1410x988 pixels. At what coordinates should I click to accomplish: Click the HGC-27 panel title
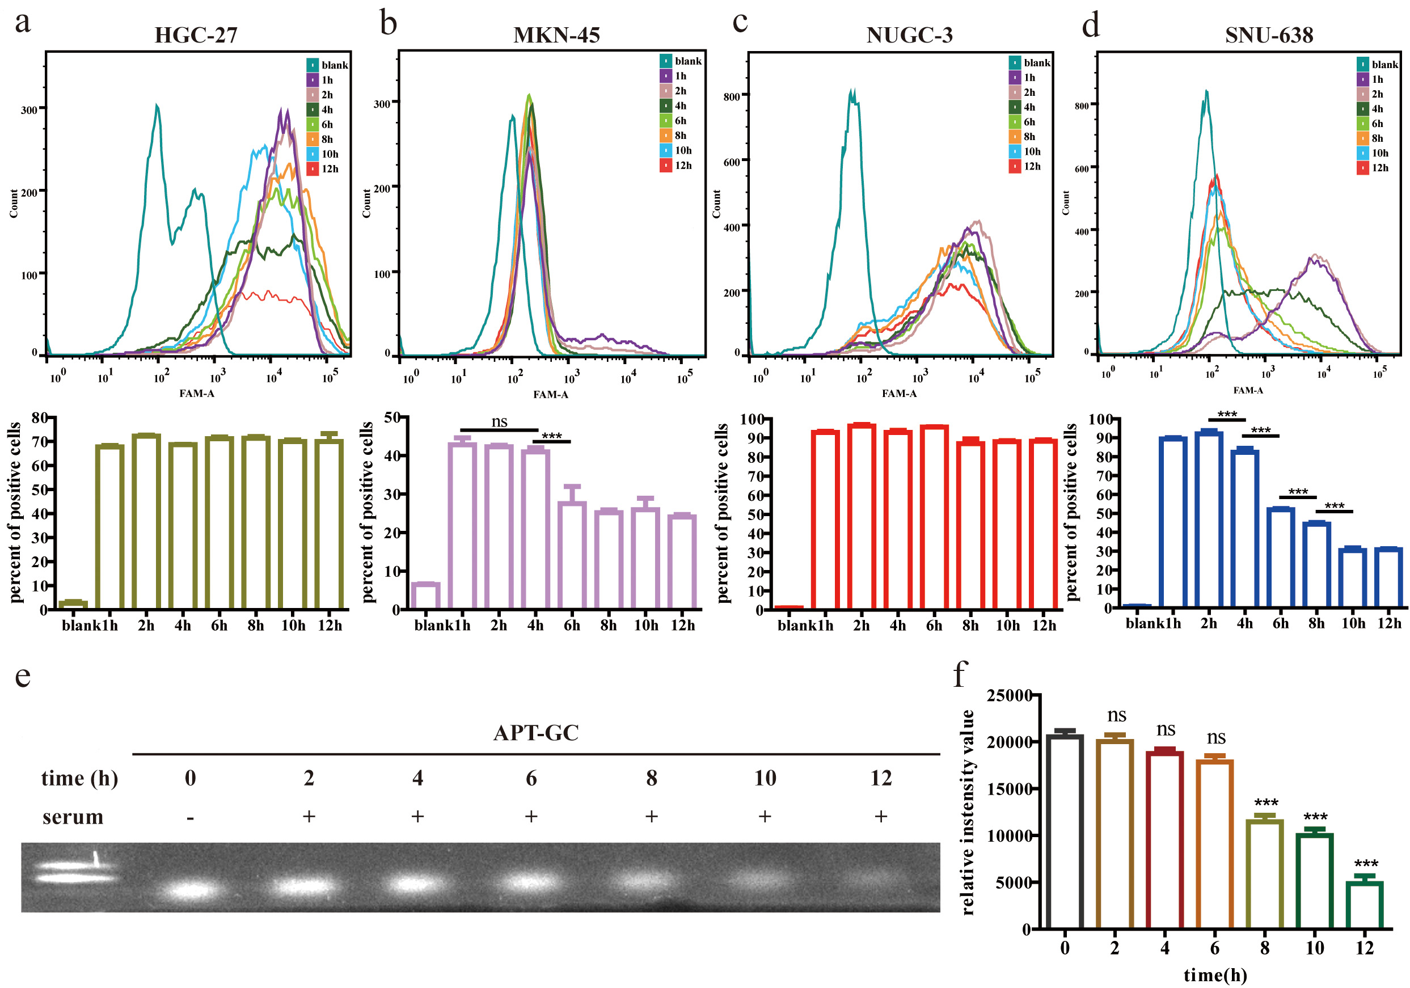(195, 35)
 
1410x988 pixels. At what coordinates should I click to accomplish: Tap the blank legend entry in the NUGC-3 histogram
(1029, 62)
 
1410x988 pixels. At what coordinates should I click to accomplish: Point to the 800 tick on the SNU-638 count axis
(1082, 105)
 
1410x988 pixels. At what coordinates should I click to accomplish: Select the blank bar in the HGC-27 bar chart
(73, 603)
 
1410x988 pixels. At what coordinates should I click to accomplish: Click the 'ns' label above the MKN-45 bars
(499, 421)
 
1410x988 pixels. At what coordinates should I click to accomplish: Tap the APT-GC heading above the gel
(535, 733)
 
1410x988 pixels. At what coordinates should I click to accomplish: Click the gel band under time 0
(191, 890)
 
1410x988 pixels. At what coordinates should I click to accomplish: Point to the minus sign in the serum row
(191, 818)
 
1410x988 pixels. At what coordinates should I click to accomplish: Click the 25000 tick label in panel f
(1010, 696)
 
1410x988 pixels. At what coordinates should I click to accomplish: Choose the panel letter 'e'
(23, 676)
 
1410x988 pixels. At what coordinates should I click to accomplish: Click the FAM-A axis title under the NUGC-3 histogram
(899, 394)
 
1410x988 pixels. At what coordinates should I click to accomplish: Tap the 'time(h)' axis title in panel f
(1215, 975)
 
